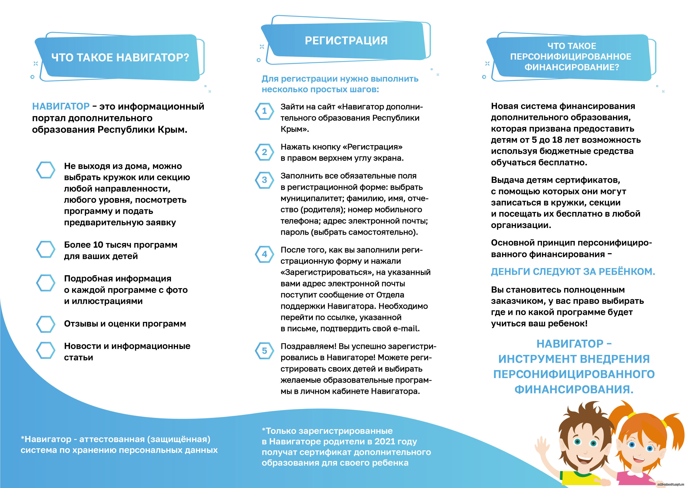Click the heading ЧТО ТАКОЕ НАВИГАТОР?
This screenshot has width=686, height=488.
[x=120, y=57]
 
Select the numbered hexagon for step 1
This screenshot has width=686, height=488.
[x=264, y=111]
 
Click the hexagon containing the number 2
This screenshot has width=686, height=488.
[x=264, y=152]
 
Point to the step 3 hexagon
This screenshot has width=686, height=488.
[x=264, y=180]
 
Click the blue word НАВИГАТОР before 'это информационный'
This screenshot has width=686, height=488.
[x=61, y=106]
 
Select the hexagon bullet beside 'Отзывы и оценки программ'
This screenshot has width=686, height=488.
[x=46, y=324]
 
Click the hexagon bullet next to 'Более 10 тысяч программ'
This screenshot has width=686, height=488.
[x=46, y=249]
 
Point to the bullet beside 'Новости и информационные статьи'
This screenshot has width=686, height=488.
[x=46, y=350]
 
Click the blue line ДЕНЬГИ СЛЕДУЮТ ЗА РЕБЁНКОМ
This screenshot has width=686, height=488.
[x=573, y=272]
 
